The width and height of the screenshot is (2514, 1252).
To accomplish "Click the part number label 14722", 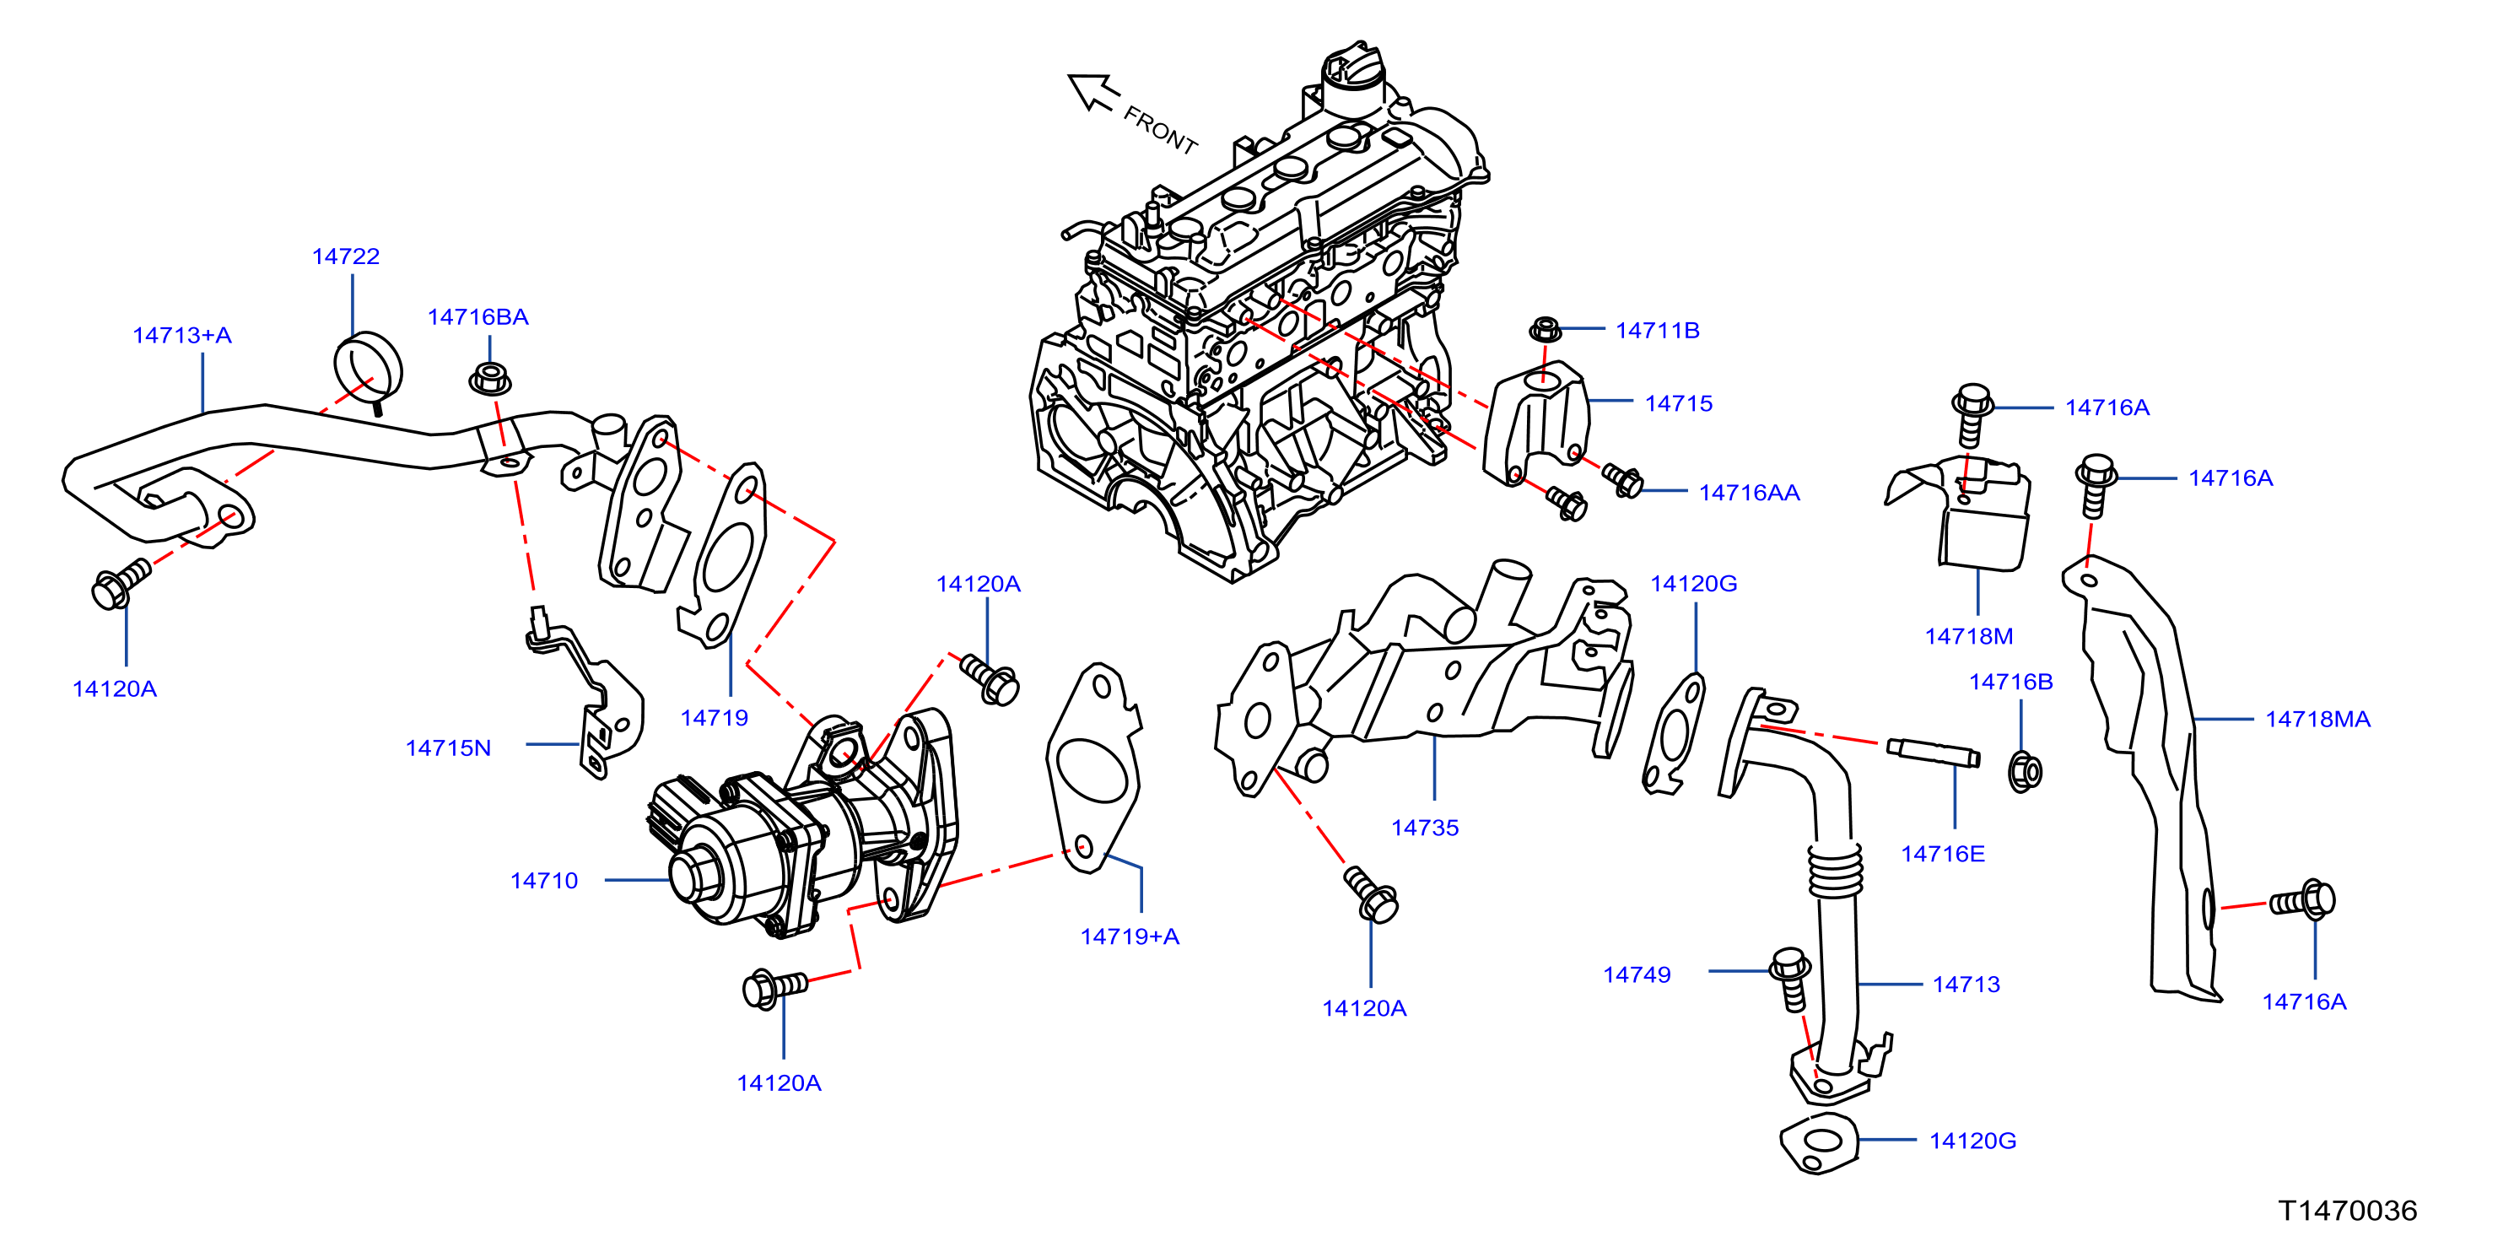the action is click(x=346, y=256).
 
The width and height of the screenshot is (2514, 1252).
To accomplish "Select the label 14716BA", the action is click(x=478, y=317).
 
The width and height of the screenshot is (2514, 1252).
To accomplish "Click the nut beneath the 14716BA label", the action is click(x=490, y=379).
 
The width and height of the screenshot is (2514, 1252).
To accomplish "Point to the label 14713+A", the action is click(x=182, y=336).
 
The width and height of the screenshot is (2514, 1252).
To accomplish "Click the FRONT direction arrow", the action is click(x=1093, y=93).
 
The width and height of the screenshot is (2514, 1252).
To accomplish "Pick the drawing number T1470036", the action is click(x=2347, y=1211).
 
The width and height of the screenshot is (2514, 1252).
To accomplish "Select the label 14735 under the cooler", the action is click(x=1425, y=828).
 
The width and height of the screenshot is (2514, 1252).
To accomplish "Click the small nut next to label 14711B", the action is click(x=1545, y=329).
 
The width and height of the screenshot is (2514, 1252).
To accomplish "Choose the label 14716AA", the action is click(x=1749, y=493).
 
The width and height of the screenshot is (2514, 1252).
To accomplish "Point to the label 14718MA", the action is click(x=2317, y=719).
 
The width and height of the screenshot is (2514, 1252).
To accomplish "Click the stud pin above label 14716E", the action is click(x=1934, y=753).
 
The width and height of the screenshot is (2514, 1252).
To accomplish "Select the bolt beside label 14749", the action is click(x=1792, y=979).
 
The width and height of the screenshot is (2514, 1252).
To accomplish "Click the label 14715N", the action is click(x=448, y=748).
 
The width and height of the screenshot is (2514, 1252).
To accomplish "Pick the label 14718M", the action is click(x=1968, y=636).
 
